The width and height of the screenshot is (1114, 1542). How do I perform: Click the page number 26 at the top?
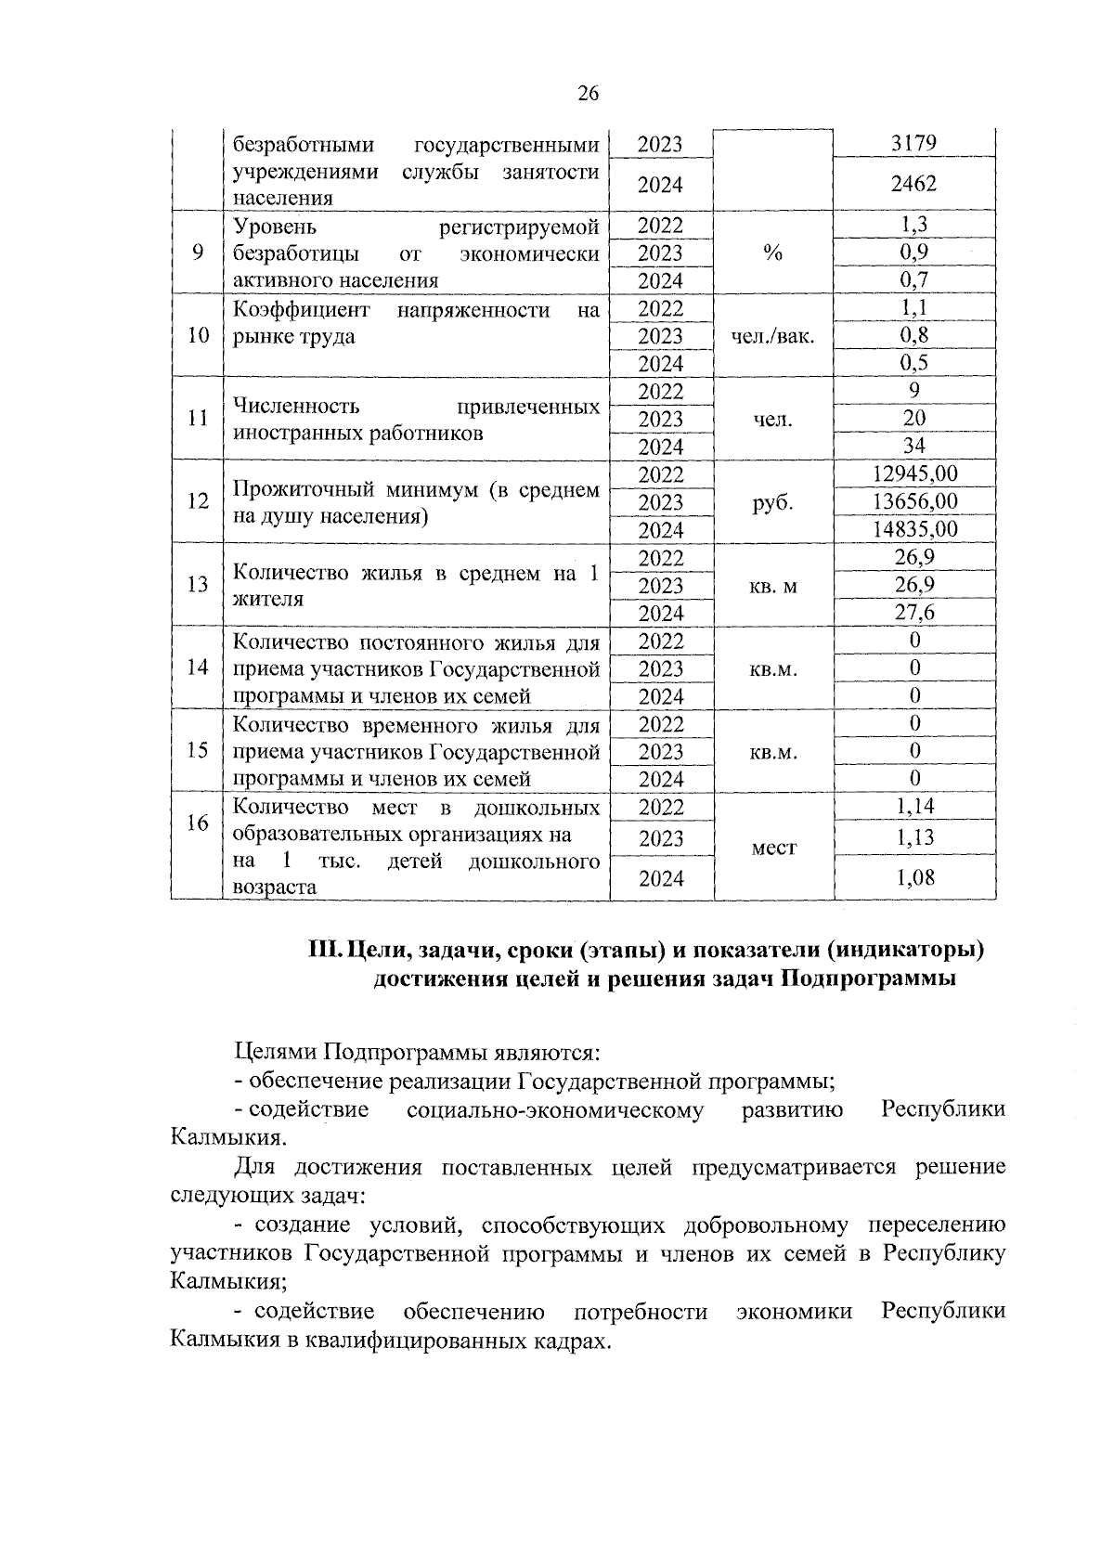[588, 93]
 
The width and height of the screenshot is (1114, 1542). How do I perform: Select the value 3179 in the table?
[913, 143]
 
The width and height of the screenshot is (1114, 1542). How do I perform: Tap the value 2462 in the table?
[913, 184]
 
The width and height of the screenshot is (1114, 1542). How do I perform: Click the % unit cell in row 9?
[773, 253]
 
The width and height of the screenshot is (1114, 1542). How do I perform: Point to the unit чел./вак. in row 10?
[773, 336]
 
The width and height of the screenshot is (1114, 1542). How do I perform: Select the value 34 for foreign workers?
[913, 447]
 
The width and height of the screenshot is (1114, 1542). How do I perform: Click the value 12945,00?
[913, 473]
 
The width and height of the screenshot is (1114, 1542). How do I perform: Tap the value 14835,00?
[913, 529]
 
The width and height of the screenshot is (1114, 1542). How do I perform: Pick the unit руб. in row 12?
[773, 502]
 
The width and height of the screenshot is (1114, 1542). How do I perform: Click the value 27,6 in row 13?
[913, 613]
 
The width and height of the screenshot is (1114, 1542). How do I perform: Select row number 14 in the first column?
[197, 667]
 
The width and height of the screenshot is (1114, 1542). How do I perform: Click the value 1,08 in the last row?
[913, 877]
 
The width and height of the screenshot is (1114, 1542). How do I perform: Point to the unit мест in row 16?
[773, 848]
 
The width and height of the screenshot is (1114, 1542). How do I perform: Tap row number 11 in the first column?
[197, 419]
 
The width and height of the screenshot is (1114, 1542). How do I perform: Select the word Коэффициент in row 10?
[301, 309]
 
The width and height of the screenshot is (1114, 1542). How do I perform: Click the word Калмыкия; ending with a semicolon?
[228, 1282]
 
